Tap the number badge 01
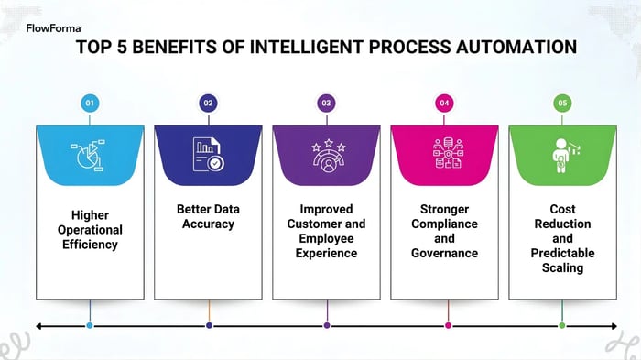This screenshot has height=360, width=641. pos(90,104)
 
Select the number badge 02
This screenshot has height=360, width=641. pos(208,104)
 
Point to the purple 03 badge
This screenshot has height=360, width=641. pos(326,104)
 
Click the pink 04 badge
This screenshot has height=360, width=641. pos(444,104)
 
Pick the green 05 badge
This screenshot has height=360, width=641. pos(562,104)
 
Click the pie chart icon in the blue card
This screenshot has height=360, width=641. pos(90,156)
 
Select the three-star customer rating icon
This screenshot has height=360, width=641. pos(326,156)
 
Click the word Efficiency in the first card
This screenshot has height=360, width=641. pos(90,245)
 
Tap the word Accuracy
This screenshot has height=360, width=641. pos(208,224)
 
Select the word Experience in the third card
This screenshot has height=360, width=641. pos(326,254)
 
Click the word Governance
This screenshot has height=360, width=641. pos(444,254)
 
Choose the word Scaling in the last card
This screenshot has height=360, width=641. pos(562,268)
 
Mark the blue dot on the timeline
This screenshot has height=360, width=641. pos(90,325)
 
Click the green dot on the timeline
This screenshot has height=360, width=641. pos(562,325)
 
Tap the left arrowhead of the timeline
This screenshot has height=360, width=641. pos(38,325)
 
